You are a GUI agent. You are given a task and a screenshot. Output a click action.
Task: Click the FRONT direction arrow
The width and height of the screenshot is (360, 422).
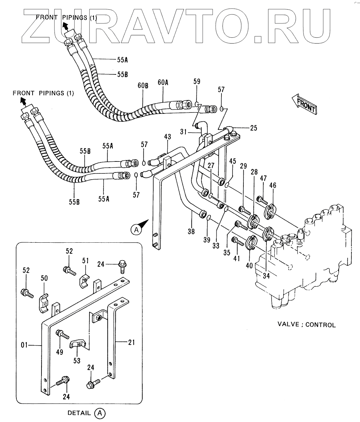click(304, 104)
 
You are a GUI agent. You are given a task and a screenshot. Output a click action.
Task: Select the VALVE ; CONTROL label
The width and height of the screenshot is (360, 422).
click(306, 324)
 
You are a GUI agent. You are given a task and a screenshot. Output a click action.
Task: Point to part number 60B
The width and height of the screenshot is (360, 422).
click(143, 86)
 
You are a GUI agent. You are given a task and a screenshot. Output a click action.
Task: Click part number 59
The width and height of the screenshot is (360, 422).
click(196, 82)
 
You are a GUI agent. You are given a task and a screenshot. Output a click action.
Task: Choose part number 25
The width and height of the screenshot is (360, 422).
click(253, 128)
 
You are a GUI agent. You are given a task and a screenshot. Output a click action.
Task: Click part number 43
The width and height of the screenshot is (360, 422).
click(167, 137)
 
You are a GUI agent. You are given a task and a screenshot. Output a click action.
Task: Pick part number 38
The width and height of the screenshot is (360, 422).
click(191, 232)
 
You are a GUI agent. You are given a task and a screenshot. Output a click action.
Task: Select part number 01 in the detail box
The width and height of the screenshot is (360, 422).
click(24, 345)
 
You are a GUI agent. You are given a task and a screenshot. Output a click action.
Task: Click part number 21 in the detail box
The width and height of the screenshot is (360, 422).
click(132, 342)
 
